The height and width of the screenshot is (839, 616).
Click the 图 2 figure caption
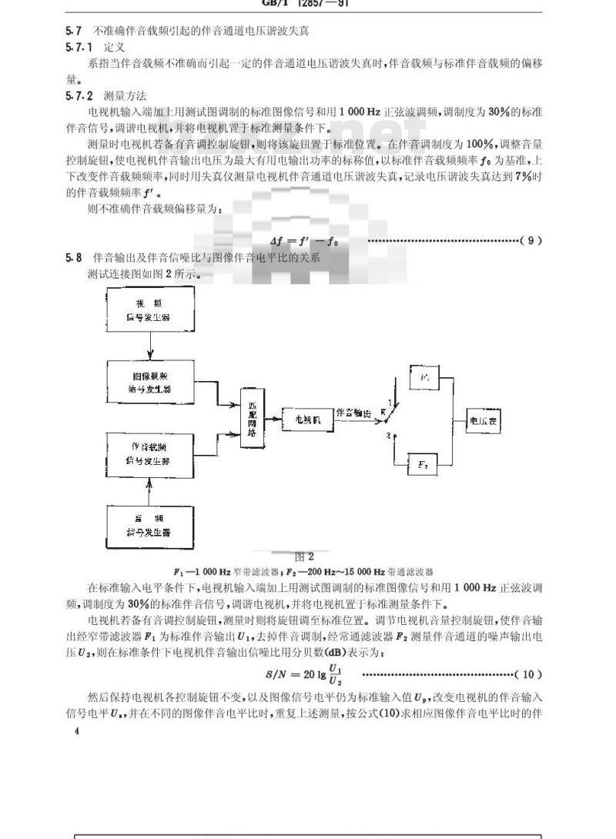pos(306,557)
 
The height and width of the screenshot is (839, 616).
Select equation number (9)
pos(531,241)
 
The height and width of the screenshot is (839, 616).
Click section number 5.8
pos(73,259)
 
